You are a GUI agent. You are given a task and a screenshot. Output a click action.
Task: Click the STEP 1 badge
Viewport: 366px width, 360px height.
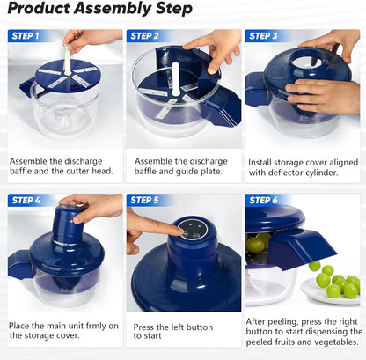pyautogui.click(x=26, y=36)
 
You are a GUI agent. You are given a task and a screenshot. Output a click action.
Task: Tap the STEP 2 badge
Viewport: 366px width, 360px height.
pyautogui.click(x=144, y=36)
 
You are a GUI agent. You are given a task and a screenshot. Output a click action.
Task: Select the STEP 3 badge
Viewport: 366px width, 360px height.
pyautogui.click(x=263, y=36)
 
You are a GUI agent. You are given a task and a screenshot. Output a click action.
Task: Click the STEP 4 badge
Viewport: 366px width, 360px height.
pyautogui.click(x=26, y=201)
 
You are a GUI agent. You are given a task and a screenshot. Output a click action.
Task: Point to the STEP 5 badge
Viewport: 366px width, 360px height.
pyautogui.click(x=144, y=201)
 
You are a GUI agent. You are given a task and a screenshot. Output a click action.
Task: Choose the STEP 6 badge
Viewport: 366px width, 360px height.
pyautogui.click(x=263, y=201)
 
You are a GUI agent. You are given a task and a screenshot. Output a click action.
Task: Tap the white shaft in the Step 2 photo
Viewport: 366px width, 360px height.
pyautogui.click(x=175, y=83)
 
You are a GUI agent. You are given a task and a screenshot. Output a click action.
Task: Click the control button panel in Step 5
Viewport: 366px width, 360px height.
pyautogui.click(x=188, y=229)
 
